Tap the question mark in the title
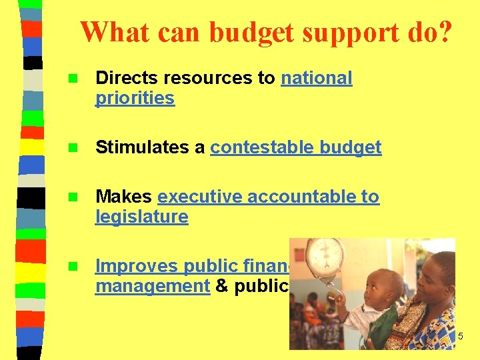443,31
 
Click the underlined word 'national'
316,78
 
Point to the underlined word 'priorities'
135,99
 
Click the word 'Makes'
123,197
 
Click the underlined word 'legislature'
141,217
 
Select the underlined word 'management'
153,286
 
